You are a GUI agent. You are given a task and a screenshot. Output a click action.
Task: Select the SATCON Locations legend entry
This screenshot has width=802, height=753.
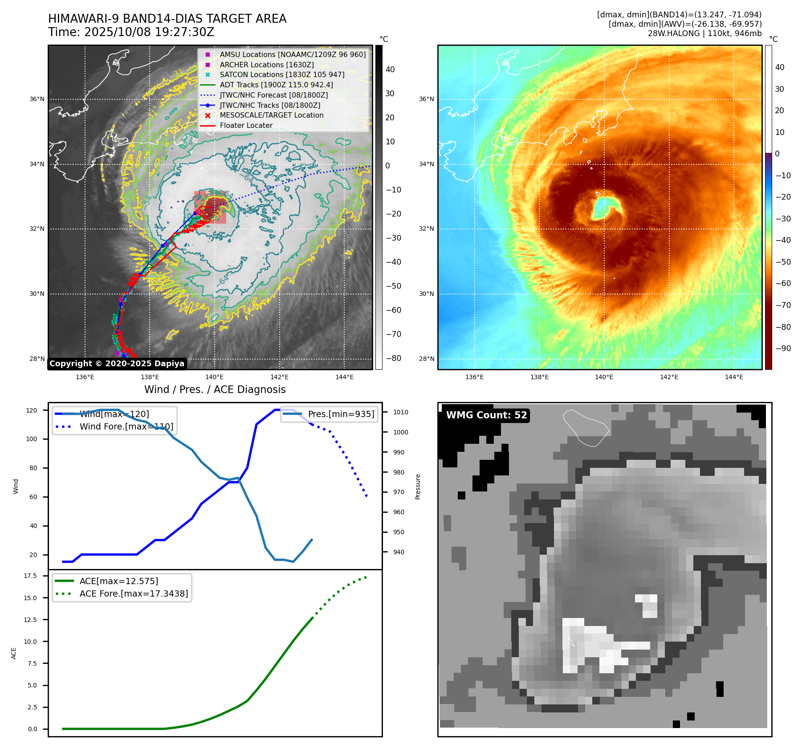(282, 75)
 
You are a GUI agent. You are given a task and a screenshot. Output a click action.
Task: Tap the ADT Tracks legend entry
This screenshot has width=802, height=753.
(276, 85)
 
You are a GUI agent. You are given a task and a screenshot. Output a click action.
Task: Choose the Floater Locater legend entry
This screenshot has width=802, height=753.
(246, 126)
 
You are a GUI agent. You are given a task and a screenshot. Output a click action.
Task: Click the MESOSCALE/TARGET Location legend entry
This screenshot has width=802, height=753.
(272, 115)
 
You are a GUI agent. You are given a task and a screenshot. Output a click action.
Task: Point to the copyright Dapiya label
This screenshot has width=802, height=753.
(117, 364)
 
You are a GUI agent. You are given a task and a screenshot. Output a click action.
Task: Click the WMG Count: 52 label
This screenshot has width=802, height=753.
(486, 415)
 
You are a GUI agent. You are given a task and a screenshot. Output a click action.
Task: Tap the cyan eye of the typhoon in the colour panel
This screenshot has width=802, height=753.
(603, 208)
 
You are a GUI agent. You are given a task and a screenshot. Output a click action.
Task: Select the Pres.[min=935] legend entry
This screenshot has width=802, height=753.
(341, 414)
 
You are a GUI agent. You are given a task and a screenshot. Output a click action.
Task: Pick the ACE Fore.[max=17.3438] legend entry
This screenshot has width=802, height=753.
(134, 594)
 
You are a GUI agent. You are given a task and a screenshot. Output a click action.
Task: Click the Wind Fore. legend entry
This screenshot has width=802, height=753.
(126, 427)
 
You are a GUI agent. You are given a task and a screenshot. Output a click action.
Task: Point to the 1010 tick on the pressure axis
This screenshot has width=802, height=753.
(400, 413)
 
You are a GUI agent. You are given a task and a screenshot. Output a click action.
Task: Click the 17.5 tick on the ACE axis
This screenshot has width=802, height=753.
(30, 576)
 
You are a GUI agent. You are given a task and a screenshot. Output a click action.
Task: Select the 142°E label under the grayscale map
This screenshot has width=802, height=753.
(279, 377)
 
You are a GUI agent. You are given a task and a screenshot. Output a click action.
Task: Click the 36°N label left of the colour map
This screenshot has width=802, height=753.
(426, 99)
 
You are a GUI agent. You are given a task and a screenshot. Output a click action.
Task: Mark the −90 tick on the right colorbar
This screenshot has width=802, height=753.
(783, 349)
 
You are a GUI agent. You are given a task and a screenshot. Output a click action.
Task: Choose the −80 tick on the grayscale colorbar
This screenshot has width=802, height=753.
(393, 359)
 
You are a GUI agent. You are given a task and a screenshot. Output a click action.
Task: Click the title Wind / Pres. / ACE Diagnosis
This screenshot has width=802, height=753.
(215, 390)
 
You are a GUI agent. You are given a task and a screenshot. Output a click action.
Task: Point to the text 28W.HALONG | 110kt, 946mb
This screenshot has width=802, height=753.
(704, 34)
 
